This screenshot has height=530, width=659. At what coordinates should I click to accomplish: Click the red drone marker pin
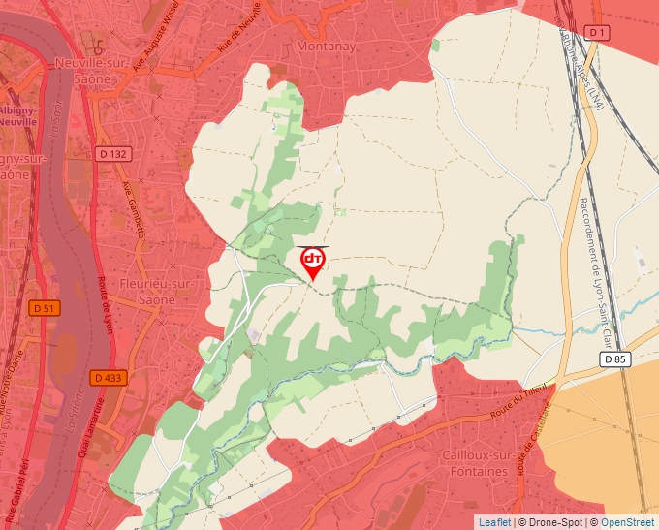[313, 263]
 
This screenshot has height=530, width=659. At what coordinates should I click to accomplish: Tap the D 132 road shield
[114, 154]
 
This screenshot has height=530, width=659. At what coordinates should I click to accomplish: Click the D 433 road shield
[110, 378]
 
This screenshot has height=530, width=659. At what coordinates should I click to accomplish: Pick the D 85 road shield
[614, 359]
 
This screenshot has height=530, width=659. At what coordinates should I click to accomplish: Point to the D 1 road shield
[598, 33]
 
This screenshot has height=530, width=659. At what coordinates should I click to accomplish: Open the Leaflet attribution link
[494, 522]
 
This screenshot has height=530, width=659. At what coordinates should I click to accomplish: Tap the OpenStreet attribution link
[628, 522]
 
